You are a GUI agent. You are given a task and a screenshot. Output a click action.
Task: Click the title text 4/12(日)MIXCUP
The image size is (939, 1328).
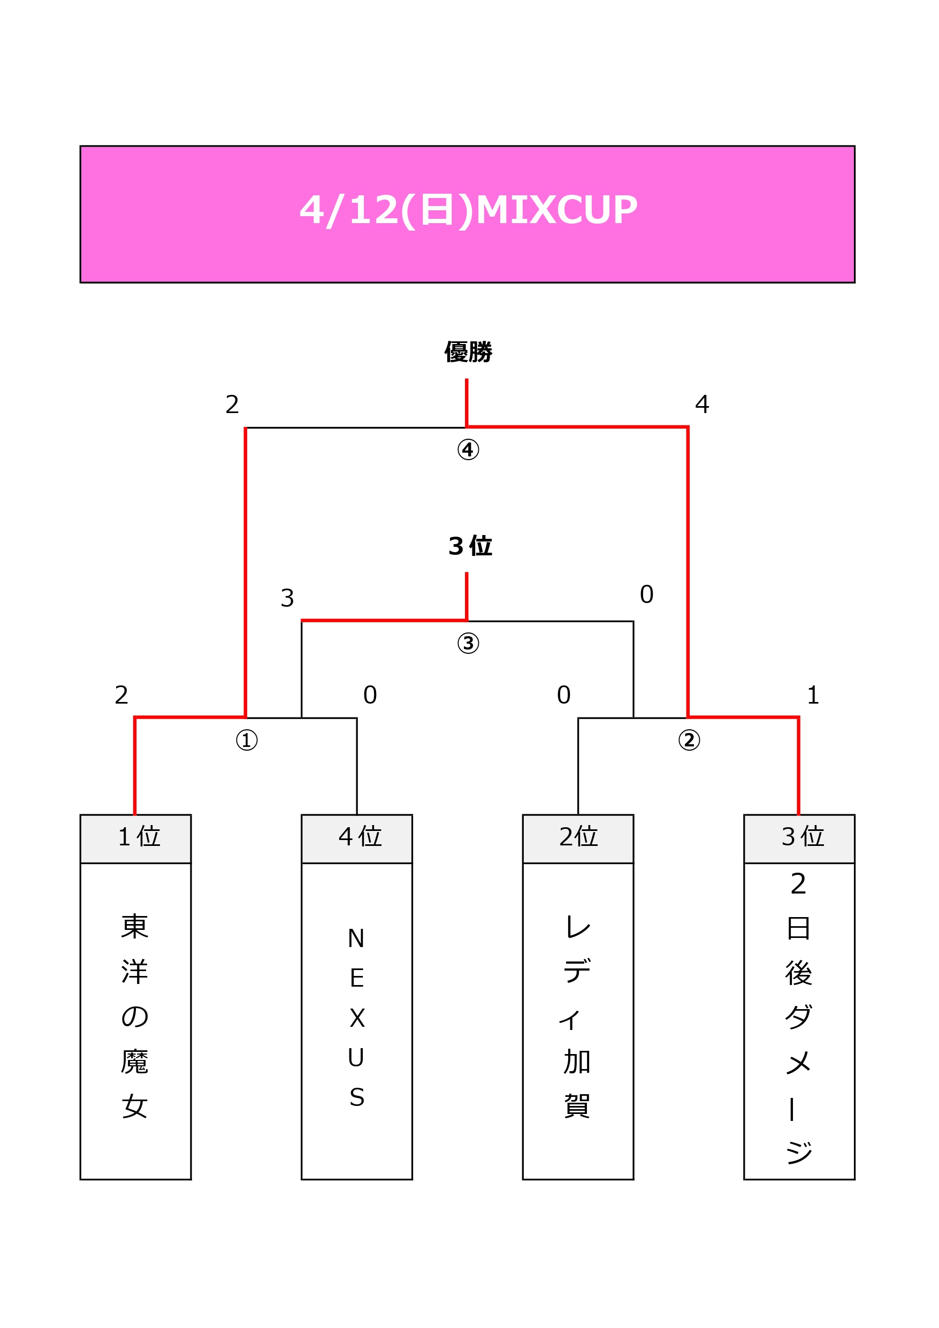point(468,209)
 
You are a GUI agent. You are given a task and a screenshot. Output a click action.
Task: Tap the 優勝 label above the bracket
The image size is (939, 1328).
point(468,352)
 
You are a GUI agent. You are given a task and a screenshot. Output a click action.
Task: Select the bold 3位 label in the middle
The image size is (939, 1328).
point(469,546)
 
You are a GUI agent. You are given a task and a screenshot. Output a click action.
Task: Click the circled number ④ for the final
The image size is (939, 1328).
point(468,449)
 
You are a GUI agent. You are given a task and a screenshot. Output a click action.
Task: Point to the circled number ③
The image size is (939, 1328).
point(468,643)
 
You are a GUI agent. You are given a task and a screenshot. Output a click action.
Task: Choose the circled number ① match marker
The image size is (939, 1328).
point(247,740)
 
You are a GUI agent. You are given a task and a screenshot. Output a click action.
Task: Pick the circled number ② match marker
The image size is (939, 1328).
point(689,740)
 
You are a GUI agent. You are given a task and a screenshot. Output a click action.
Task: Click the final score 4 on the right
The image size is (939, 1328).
point(702,404)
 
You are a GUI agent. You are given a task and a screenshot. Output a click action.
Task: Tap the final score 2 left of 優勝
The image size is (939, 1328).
point(232,404)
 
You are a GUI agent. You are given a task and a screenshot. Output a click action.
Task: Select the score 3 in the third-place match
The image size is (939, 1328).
point(287,598)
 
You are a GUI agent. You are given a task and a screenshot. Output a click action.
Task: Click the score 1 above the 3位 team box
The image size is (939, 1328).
point(813,695)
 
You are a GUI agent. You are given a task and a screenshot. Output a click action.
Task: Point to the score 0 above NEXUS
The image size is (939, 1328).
point(370,695)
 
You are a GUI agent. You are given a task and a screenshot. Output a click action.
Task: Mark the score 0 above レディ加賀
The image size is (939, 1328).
point(563,695)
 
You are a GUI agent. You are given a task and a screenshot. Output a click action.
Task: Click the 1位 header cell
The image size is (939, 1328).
point(136,837)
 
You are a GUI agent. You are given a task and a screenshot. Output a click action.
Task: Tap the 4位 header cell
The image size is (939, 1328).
point(357,837)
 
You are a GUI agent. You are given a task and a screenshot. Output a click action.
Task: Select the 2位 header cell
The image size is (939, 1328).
point(578,837)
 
